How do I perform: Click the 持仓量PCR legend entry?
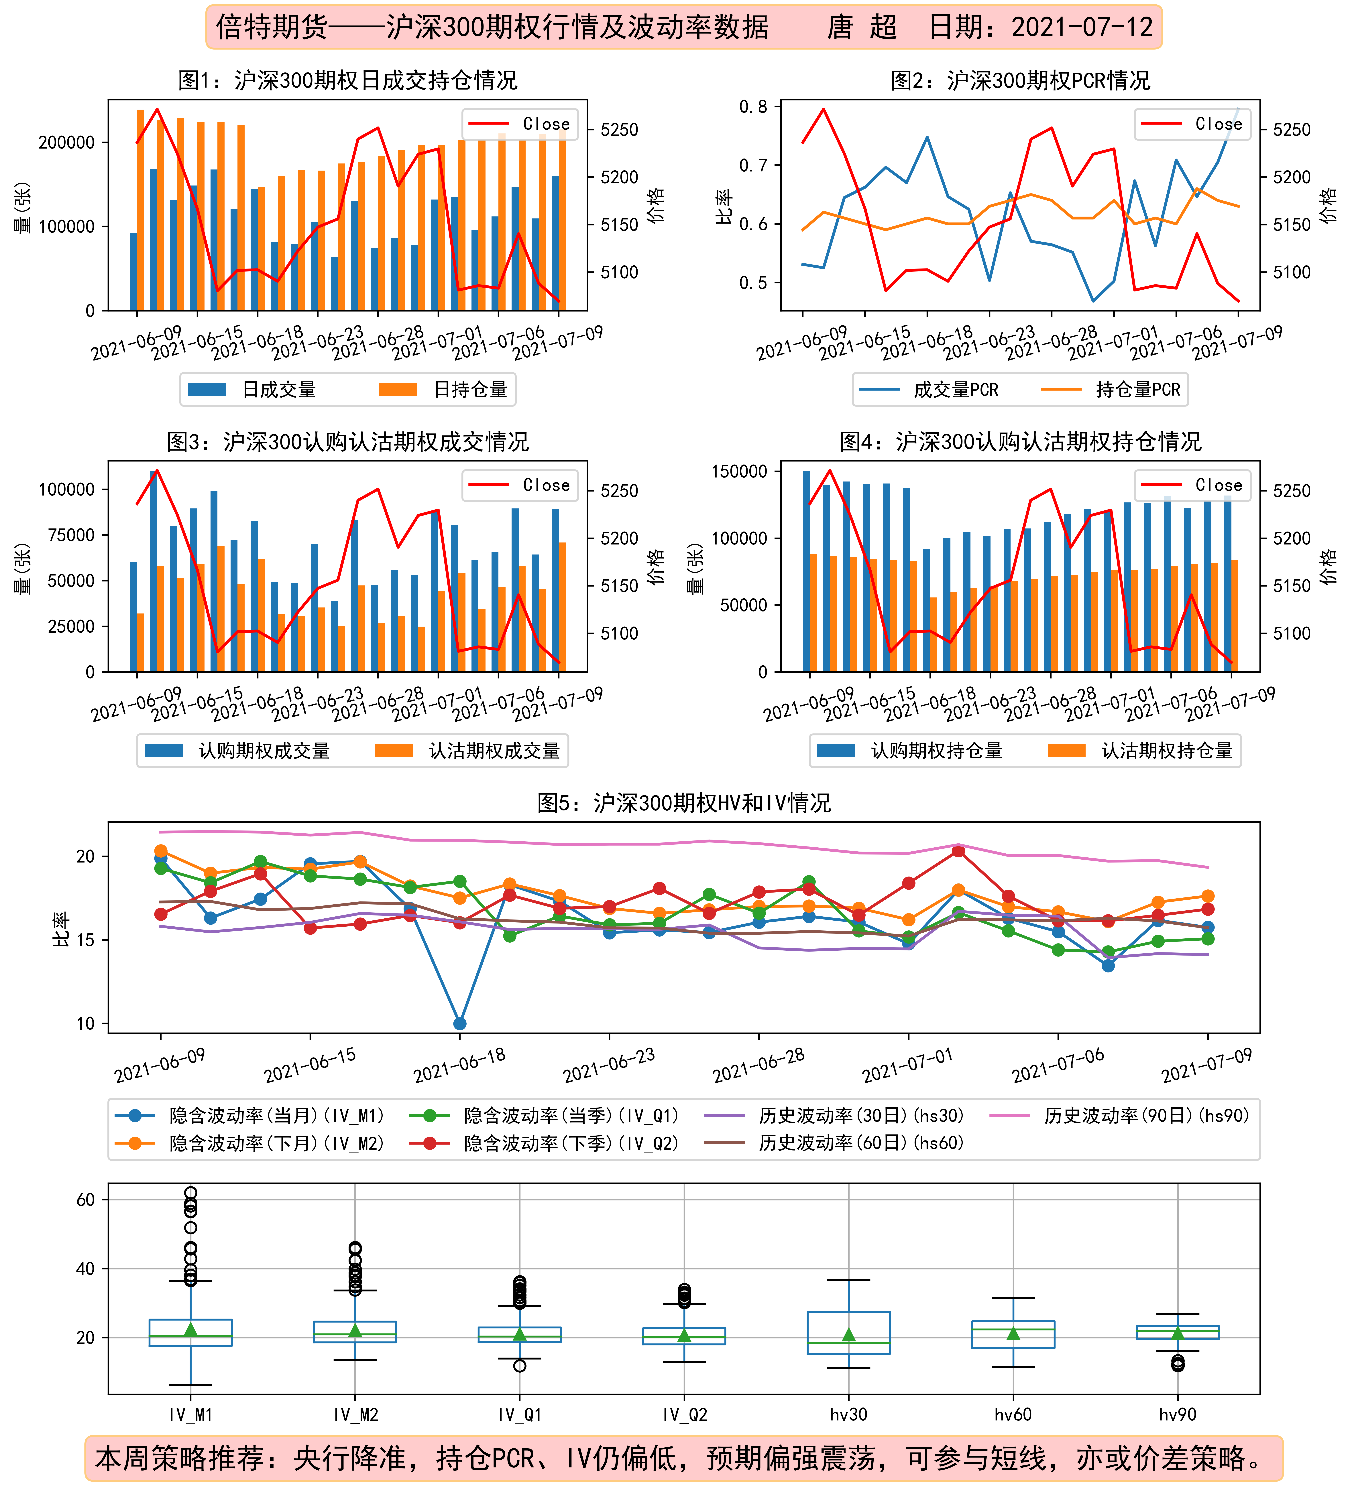1110,389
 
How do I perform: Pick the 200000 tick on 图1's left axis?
66,142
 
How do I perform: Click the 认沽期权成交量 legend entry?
467,750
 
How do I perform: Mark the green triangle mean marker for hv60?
1013,1333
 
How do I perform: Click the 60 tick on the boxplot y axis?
86,1199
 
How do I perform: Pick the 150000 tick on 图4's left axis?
739,471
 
